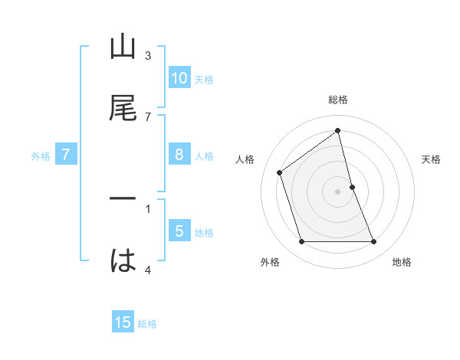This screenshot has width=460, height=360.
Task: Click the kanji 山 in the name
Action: pos(123,47)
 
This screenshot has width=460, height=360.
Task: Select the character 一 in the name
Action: pos(123,200)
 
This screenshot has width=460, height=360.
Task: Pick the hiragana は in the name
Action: pos(123,261)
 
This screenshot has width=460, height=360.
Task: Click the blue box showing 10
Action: pos(179,78)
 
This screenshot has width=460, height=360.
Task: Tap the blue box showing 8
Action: pos(179,155)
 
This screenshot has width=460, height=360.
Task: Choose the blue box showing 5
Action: pos(179,231)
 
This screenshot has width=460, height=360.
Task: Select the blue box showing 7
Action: pos(66,155)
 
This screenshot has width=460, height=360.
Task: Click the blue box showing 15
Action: pos(123,322)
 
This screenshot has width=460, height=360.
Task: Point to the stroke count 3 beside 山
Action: pos(148,56)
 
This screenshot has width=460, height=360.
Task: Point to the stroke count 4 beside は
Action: pos(148,270)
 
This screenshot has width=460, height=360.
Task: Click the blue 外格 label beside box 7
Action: pos(41,155)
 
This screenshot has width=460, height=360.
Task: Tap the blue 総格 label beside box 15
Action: pos(147,323)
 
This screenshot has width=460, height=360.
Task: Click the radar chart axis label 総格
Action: pos(338,100)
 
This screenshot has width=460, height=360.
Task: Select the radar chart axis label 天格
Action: pos(431,159)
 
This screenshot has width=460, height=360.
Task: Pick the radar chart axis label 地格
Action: pos(402,262)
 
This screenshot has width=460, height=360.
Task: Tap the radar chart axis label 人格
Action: pos(245,159)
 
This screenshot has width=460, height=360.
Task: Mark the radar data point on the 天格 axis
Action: pos(352,187)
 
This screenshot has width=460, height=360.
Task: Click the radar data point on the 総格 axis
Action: pos(338,130)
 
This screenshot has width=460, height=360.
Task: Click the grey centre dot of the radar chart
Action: pos(338,191)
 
